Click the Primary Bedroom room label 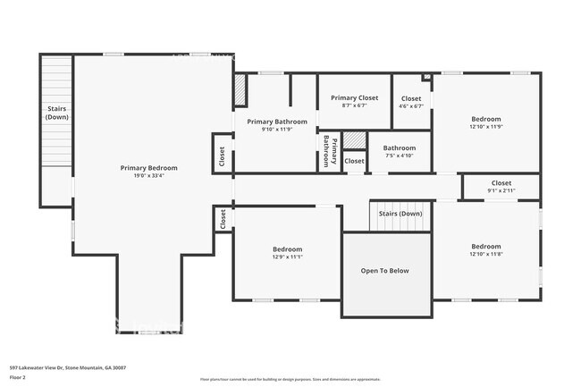click(149, 168)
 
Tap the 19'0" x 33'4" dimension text click(149, 176)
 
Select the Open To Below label click(384, 271)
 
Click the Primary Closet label click(355, 97)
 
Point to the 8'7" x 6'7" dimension click(355, 105)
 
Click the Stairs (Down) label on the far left click(57, 113)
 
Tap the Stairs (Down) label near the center click(400, 214)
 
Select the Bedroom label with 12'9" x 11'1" click(288, 249)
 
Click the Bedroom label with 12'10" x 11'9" click(486, 119)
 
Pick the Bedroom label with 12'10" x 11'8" click(486, 247)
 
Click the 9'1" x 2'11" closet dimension click(501, 190)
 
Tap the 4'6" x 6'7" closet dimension click(411, 105)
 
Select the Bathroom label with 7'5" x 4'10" click(399, 148)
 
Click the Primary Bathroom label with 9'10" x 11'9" click(277, 122)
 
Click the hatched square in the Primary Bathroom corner click(240, 90)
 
